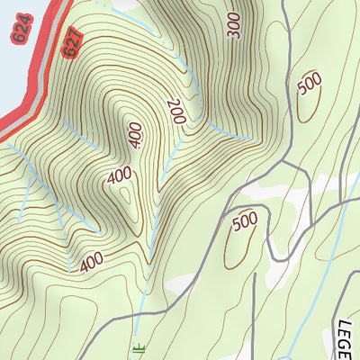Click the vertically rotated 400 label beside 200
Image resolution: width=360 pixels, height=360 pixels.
[136, 135]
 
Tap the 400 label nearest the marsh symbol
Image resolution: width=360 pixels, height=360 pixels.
[91, 262]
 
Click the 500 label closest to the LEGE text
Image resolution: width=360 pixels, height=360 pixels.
[245, 221]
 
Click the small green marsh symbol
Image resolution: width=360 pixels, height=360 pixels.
[138, 348]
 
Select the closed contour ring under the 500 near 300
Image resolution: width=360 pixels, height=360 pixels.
[306, 103]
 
